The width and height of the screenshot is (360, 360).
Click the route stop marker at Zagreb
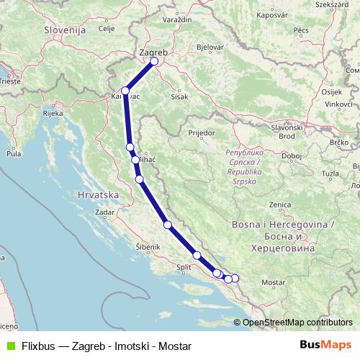(154, 61)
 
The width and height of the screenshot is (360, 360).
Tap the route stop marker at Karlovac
(126, 91)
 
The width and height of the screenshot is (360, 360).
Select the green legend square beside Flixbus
(9, 344)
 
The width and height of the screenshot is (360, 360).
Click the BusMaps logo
(325, 344)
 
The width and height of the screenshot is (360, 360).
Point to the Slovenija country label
(64, 30)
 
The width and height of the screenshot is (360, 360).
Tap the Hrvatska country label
(97, 194)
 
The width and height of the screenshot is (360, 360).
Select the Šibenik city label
(147, 247)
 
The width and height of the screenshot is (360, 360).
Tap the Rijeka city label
(53, 113)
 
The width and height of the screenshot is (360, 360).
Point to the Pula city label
(14, 153)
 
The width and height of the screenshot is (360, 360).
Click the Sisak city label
(179, 96)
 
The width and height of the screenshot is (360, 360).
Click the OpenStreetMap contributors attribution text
(297, 322)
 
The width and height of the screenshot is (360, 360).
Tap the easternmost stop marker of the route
(234, 278)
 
